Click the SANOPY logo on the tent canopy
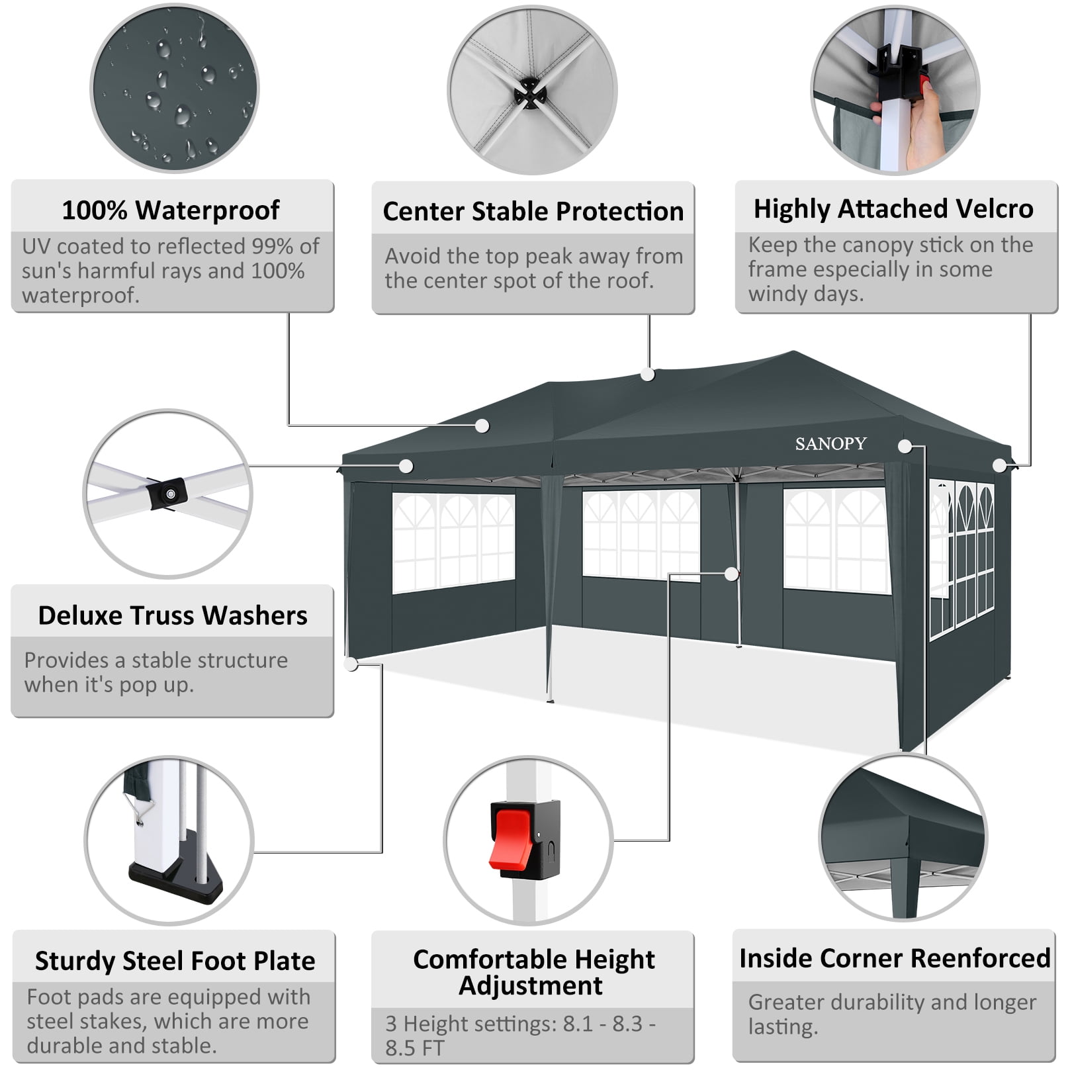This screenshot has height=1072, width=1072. click(830, 443)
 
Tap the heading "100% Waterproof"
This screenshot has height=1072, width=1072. click(171, 210)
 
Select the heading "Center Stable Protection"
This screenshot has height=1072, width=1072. click(533, 211)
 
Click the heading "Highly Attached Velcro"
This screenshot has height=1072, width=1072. click(893, 208)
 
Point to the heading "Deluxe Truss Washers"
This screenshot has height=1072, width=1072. click(173, 615)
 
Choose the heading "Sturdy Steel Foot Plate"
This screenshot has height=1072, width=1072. click(175, 961)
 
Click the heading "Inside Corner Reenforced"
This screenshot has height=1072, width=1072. click(895, 958)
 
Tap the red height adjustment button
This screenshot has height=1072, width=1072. click(511, 840)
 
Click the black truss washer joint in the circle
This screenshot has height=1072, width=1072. click(167, 494)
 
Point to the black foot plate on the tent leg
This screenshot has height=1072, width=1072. click(175, 871)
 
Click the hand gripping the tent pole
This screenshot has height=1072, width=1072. click(924, 126)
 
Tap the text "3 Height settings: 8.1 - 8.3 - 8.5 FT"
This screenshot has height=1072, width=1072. click(521, 1036)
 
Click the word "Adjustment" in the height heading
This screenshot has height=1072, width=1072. click(531, 986)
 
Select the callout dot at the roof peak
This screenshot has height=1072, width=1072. click(648, 375)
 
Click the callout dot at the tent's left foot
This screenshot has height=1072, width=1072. click(351, 664)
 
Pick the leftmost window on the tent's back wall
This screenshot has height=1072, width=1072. click(454, 543)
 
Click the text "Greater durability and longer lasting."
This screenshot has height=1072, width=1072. click(892, 1014)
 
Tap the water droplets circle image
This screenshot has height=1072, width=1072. click(174, 88)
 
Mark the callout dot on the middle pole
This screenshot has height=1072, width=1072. click(732, 574)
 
